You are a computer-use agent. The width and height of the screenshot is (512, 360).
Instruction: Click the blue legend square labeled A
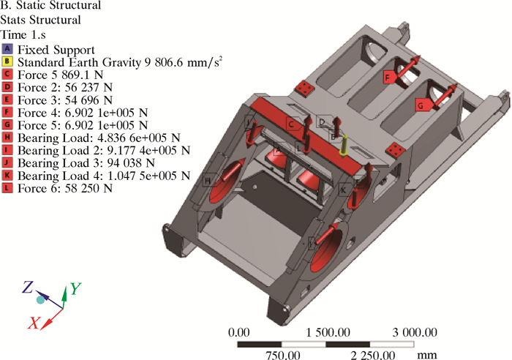coord(7,49)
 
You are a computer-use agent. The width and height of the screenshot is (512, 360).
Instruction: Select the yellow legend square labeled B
coord(7,61)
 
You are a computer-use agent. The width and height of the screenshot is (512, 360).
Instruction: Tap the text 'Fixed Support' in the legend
coord(56,50)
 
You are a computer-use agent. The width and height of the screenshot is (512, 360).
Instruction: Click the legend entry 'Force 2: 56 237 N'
coord(65,88)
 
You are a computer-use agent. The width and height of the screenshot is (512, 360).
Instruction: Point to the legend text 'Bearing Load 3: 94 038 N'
coord(86,163)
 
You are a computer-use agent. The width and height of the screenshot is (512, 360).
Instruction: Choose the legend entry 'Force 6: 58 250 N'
coord(65,189)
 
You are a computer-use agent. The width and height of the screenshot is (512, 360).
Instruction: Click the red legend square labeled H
coord(7,138)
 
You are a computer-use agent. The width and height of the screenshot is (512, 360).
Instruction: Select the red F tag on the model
coord(388,77)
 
